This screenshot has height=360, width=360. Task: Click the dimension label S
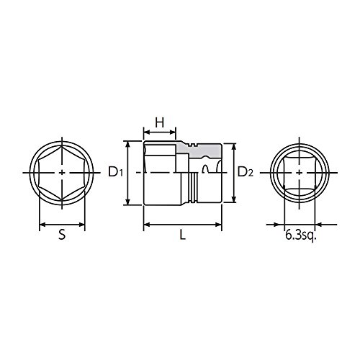62,235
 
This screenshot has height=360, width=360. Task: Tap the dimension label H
160,122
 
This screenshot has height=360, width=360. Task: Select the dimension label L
183,235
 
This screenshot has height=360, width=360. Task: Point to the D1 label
115,172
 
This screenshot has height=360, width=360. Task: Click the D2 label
246,172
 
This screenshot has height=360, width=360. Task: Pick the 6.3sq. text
301,235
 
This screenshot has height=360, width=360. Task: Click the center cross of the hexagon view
62,173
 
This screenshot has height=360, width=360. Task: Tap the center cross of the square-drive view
300,173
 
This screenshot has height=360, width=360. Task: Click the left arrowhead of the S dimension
42,225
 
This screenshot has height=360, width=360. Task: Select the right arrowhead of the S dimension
81,225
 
